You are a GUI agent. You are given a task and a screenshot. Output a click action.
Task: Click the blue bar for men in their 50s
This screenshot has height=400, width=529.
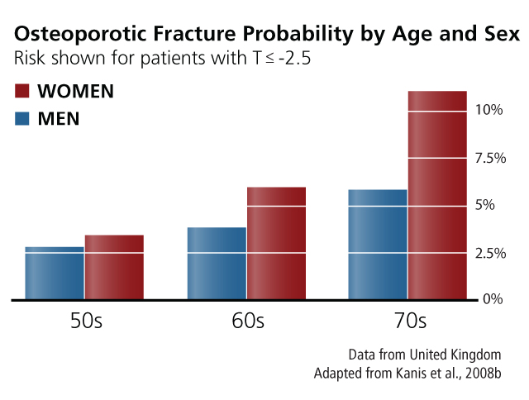click(55, 273)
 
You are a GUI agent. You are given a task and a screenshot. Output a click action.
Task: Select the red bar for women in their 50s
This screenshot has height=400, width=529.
click(114, 267)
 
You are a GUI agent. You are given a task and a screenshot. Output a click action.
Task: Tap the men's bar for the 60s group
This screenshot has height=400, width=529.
click(217, 263)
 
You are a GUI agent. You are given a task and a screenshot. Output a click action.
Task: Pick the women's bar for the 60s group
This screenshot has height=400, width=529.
click(276, 243)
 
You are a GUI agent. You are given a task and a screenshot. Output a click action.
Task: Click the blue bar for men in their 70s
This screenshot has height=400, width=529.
click(378, 244)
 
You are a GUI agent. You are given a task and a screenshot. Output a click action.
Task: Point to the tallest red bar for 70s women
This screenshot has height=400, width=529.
click(437, 195)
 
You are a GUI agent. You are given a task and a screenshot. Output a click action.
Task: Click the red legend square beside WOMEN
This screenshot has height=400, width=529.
click(23, 91)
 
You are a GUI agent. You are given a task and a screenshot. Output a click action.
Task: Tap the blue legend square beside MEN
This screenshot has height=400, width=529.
click(23, 118)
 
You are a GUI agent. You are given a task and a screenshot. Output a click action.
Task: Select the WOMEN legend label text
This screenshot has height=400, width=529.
click(76, 91)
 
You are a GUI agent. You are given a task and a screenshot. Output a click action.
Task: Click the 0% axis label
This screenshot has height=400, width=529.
click(493, 299)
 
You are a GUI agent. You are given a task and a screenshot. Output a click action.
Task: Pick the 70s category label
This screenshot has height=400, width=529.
click(408, 321)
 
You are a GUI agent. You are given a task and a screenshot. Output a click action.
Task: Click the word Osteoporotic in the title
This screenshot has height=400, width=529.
click(71, 36)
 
